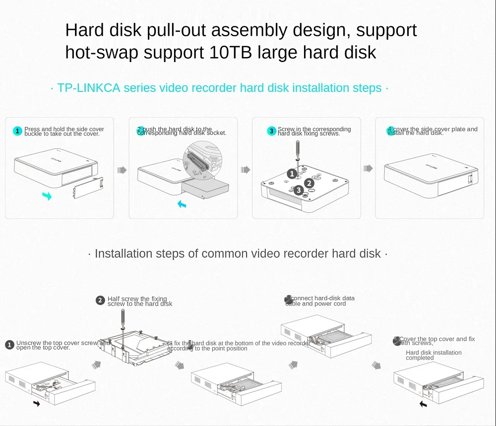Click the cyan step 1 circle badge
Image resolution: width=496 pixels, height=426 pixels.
[x=18, y=131]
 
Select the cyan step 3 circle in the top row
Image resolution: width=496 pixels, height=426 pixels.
[x=271, y=131]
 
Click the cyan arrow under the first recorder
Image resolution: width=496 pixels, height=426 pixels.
[x=47, y=197]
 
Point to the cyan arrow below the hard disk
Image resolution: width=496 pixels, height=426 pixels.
[x=183, y=204]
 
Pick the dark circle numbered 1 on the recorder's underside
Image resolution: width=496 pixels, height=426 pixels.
[x=292, y=173]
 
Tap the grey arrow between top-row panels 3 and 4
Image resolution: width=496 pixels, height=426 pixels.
[x=368, y=168]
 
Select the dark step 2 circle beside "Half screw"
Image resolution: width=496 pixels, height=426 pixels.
[x=100, y=300]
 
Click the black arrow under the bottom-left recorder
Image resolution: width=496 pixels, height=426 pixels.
[x=37, y=403]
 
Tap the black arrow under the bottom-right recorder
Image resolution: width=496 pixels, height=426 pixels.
[x=423, y=404]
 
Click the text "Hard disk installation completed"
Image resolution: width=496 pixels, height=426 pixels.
[x=434, y=355]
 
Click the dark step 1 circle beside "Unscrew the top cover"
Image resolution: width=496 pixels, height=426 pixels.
[x=9, y=345]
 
